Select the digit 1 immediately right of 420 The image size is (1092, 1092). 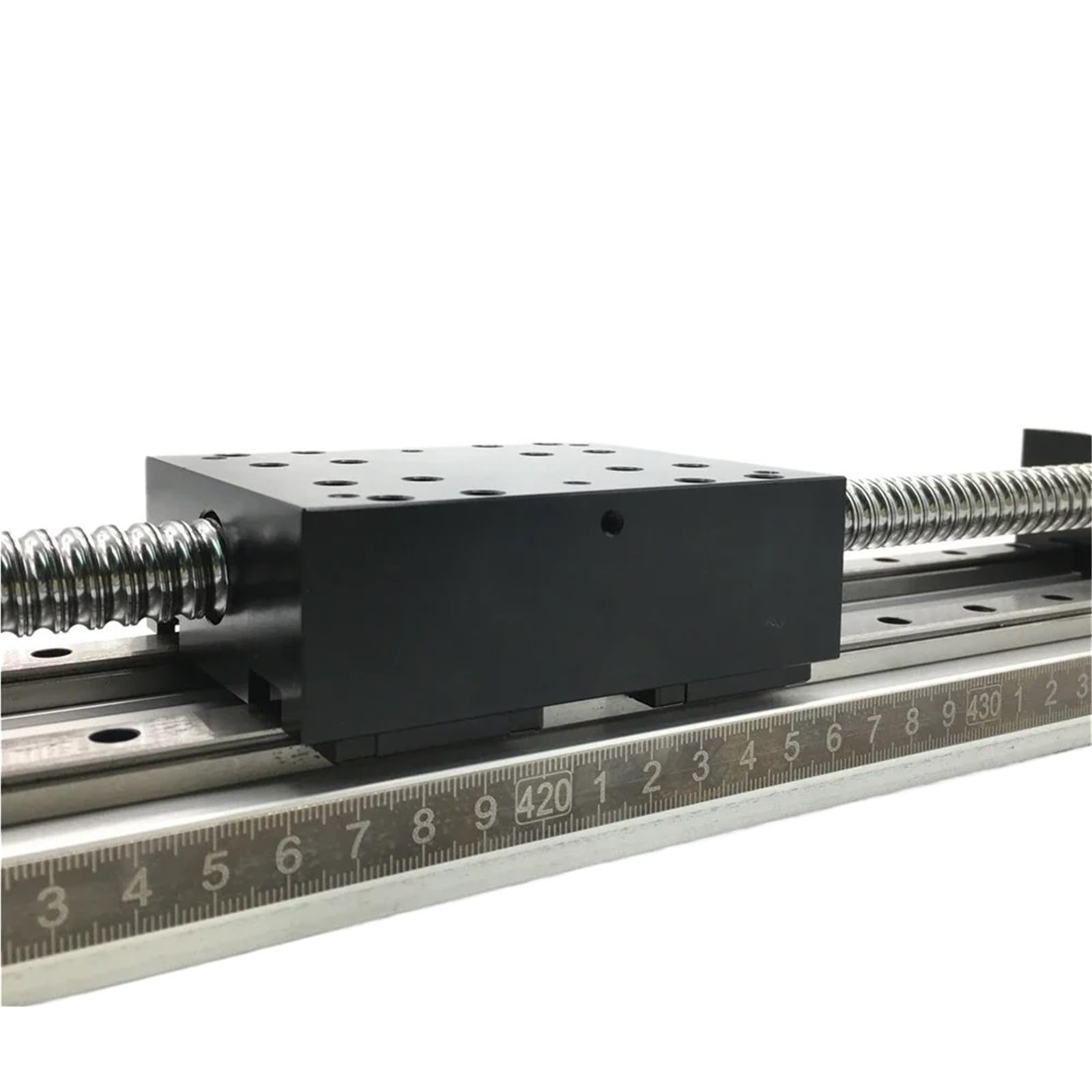click(601, 788)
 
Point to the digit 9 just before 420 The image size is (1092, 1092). click(485, 813)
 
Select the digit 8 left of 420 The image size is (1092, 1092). click(424, 826)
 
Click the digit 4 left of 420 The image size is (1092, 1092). click(139, 889)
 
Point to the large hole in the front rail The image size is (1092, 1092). click(113, 738)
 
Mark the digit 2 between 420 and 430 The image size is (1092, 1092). click(651, 778)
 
